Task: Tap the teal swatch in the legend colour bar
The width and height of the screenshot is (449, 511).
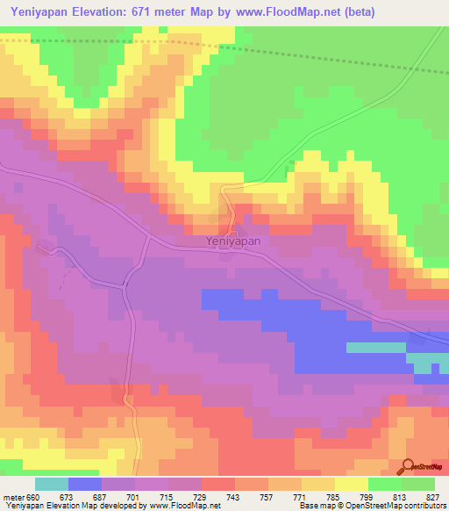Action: click(x=52, y=484)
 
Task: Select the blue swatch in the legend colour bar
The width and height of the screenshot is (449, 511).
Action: click(x=85, y=484)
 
